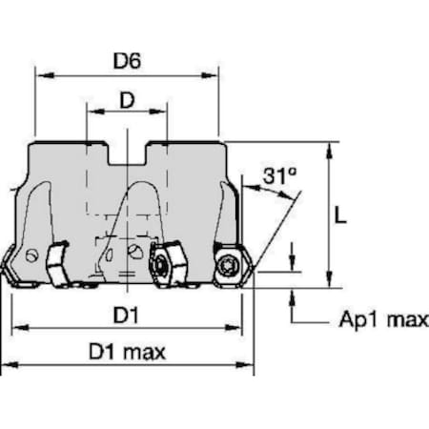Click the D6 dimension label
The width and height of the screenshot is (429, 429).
127,60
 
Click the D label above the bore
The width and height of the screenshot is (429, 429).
127,100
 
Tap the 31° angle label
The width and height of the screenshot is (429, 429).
279,175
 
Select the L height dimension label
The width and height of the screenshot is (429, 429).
340,216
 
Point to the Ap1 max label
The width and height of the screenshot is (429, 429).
384,319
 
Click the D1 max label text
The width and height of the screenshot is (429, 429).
127,352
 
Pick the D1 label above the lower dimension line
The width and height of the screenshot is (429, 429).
126,316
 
